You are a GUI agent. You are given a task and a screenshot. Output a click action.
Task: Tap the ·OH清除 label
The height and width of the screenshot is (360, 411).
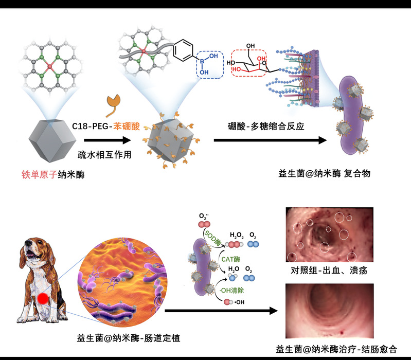pos(220,290)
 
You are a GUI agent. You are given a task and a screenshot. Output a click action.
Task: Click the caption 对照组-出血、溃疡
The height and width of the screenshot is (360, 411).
pos(328,271)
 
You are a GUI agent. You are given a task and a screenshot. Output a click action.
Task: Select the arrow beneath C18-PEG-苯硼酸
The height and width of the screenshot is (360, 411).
pos(109,139)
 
